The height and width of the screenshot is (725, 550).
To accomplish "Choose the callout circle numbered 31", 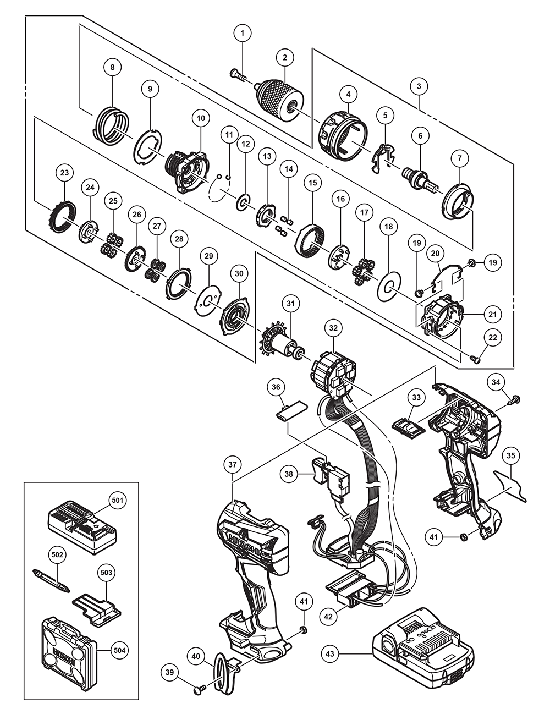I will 290,303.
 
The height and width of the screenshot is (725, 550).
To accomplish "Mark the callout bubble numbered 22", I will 492,338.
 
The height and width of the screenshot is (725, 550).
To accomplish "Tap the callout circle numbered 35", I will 511,455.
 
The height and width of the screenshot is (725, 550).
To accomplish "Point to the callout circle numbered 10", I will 200,118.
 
